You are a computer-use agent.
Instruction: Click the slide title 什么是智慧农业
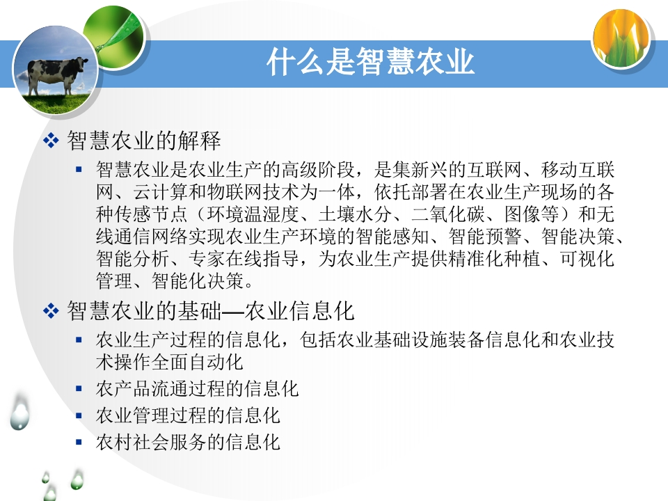click(370, 62)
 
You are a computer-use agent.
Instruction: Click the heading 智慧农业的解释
click(144, 141)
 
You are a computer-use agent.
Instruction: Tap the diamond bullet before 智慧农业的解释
click(51, 141)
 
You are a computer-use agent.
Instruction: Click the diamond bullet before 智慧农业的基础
click(51, 311)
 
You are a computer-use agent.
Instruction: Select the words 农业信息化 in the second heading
click(299, 311)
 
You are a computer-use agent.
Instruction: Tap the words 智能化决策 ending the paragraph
click(198, 280)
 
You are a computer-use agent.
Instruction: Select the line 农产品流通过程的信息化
click(197, 388)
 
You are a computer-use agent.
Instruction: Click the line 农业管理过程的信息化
click(188, 415)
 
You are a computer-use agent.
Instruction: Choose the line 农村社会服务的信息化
click(188, 443)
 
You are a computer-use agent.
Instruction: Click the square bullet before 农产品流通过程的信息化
click(79, 388)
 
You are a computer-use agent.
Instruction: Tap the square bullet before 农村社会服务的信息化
click(79, 443)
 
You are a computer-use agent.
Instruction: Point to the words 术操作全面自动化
click(170, 363)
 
